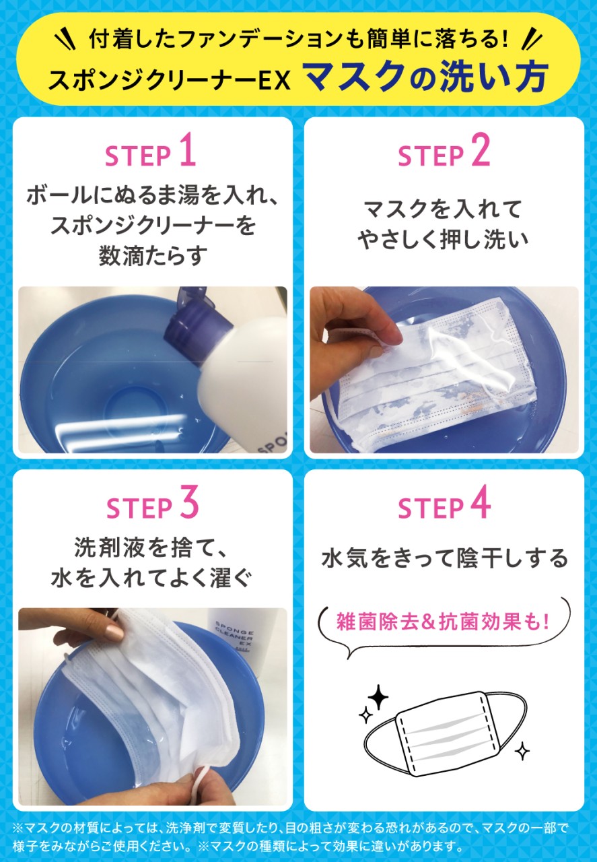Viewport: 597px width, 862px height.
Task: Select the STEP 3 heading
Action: pyautogui.click(x=153, y=502)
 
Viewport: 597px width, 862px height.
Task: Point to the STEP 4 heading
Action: pyautogui.click(x=444, y=502)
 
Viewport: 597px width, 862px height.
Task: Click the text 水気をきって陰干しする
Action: pyautogui.click(x=444, y=558)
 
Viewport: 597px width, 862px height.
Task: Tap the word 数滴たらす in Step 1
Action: pyautogui.click(x=153, y=256)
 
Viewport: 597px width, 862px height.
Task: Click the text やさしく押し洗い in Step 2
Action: pyautogui.click(x=443, y=239)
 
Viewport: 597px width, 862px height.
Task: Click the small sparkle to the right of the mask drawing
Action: pyautogui.click(x=522, y=751)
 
